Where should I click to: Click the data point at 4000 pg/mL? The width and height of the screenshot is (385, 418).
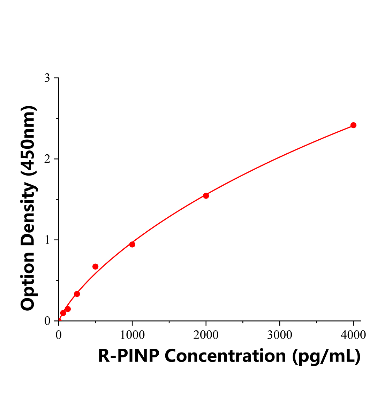[353, 125]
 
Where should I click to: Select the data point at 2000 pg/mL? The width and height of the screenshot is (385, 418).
[206, 196]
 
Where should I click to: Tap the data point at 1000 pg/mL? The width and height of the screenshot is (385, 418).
[132, 245]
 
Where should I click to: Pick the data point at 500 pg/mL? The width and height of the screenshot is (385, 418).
[95, 266]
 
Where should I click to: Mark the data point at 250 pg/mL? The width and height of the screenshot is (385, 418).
[77, 294]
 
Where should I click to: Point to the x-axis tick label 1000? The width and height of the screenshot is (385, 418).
[132, 335]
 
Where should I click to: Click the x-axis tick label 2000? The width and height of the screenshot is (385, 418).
[206, 335]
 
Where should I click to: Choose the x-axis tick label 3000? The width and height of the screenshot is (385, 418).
[280, 335]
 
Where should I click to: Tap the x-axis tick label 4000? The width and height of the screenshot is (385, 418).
[353, 335]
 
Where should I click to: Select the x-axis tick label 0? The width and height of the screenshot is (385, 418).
[59, 335]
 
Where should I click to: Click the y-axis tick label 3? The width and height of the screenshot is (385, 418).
[47, 78]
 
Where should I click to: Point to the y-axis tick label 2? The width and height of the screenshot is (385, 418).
[47, 159]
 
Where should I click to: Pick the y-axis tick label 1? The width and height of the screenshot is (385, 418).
[47, 240]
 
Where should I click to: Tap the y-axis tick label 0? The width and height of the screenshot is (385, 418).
[47, 321]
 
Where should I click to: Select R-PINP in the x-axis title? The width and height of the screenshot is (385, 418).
[128, 356]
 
